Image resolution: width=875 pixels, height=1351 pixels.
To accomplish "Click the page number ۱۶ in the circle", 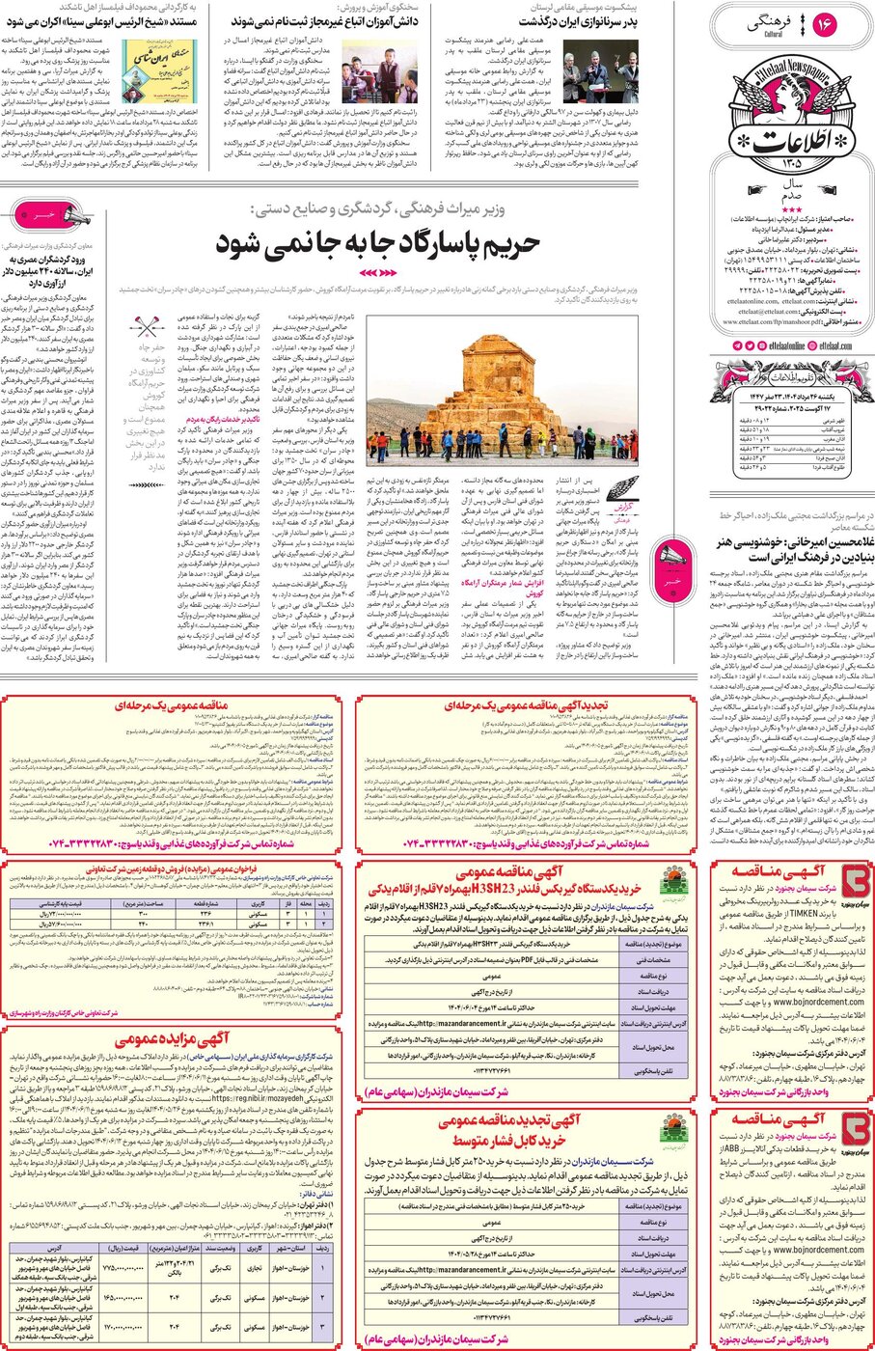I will (823, 25).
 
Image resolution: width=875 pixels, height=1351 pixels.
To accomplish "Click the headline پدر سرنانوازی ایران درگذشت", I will (578, 21).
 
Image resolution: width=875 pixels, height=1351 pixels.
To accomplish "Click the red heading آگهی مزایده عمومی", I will (173, 1040).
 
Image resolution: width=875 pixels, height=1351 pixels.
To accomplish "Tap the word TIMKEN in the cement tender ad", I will (805, 912).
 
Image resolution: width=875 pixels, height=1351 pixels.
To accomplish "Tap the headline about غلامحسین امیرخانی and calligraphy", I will (788, 549).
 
